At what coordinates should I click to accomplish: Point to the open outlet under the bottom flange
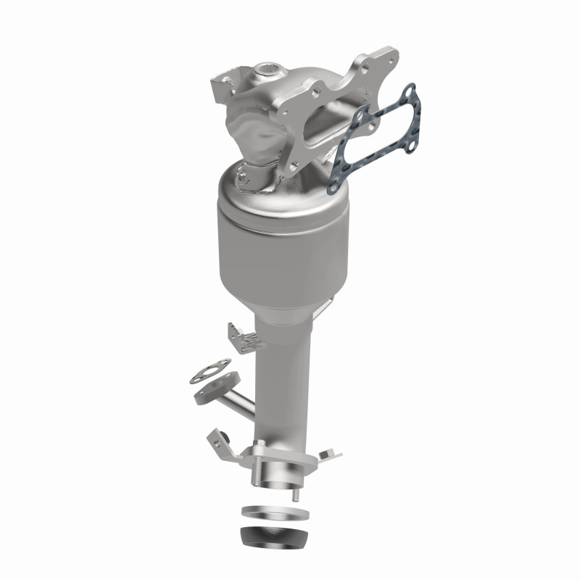coord(274,487)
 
